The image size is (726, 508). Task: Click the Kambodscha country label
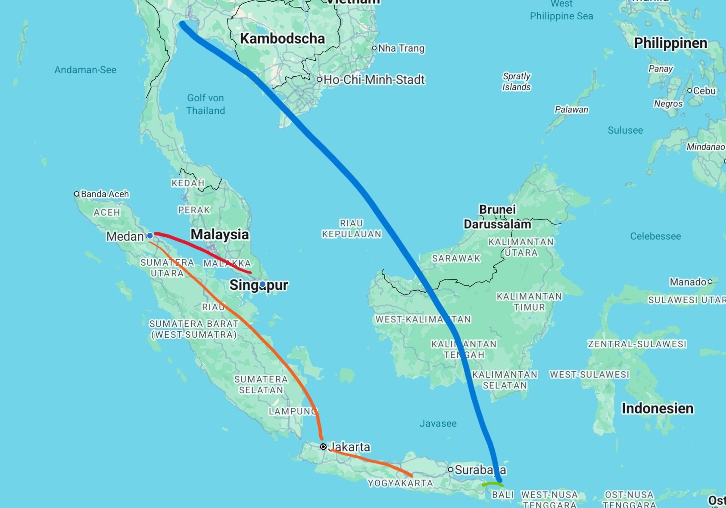(282, 39)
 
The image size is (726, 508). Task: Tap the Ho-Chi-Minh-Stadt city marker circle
(319, 79)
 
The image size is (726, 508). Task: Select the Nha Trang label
(401, 48)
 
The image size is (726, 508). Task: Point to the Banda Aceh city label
(105, 194)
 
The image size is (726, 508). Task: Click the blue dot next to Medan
(150, 236)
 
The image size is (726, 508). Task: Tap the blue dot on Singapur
(262, 284)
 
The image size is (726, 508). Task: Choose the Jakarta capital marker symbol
(323, 447)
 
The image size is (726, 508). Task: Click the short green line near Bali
(492, 484)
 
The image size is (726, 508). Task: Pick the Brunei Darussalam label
(497, 217)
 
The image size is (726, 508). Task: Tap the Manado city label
(688, 282)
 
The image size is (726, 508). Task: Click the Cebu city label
(704, 91)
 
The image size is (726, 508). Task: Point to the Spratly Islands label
(516, 82)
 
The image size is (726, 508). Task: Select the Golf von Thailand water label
(206, 104)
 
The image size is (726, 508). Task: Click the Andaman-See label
(85, 70)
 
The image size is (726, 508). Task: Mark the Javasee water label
(438, 423)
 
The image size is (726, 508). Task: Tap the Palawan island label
(571, 110)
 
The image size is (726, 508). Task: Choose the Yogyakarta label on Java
(400, 483)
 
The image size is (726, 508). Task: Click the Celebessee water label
(655, 236)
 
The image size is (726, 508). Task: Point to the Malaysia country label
(220, 235)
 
